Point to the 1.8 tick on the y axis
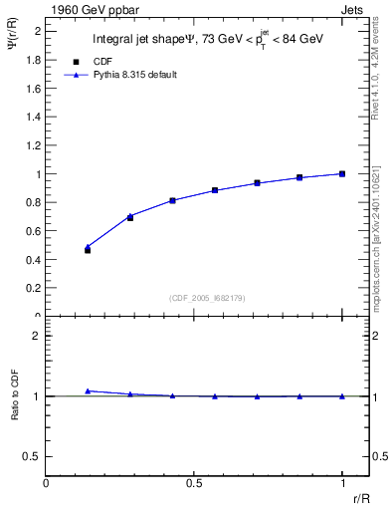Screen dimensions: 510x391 tap(36, 59)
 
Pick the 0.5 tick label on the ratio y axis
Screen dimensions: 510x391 tap(35, 456)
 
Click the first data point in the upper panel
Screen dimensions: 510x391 tap(88, 250)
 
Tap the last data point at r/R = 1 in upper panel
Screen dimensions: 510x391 tap(342, 173)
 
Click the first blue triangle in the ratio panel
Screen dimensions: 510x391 tap(88, 391)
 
